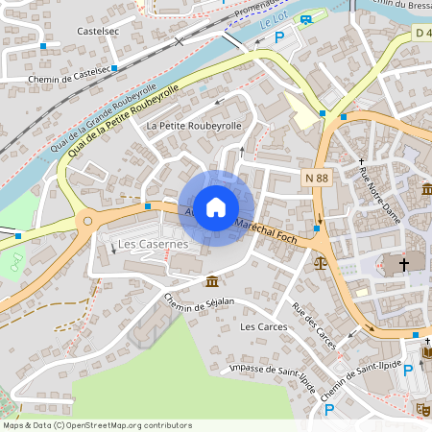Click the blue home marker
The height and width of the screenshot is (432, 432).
(x=216, y=206)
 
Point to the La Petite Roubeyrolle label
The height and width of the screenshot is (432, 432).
(x=193, y=126)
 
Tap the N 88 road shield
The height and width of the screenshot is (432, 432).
(x=317, y=179)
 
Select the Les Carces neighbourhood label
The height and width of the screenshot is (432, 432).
(x=260, y=326)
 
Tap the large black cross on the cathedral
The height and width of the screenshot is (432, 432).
(x=404, y=263)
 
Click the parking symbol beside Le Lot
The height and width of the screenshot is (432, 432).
(x=279, y=36)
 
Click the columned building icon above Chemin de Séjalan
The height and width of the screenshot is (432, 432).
(x=211, y=281)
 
